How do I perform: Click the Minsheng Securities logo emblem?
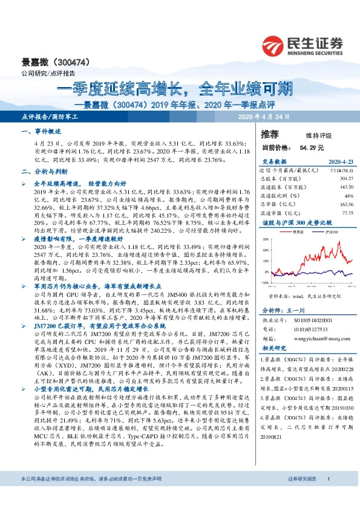click(273, 45)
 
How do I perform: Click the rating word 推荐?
click(270, 132)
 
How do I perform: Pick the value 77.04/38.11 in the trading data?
click(339, 171)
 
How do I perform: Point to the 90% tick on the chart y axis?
click(266, 239)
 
